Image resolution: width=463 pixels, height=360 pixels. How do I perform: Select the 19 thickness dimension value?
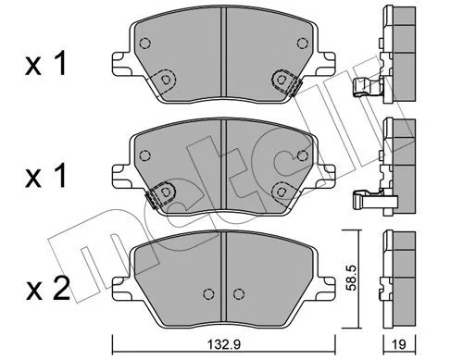click(x=400, y=343)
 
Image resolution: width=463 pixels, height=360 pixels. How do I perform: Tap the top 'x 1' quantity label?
click(x=45, y=64)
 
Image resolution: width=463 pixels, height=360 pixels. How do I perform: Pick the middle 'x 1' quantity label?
click(x=45, y=177)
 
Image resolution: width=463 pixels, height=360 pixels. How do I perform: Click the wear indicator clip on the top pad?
click(x=295, y=88)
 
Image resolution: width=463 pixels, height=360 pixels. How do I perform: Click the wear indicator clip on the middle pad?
click(x=152, y=200)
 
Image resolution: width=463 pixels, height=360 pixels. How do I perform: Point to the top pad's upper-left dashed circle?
click(x=144, y=43)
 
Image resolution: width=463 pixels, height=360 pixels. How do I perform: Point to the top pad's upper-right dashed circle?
click(x=302, y=43)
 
